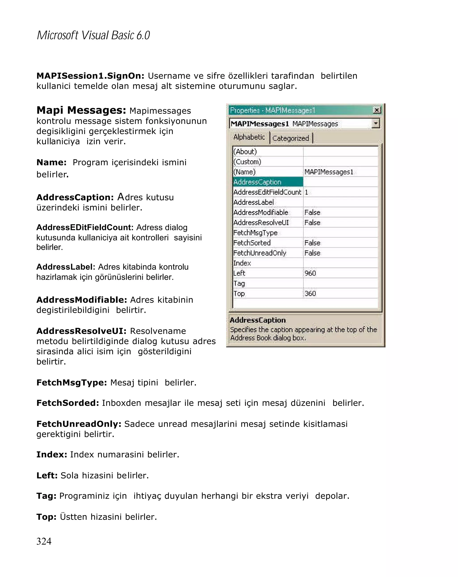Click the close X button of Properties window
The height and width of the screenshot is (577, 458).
point(377,110)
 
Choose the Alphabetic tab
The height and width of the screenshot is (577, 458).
point(249,137)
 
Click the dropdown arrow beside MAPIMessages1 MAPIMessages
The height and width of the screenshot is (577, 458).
point(375,123)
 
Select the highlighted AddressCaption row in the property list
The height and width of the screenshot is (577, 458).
point(267,182)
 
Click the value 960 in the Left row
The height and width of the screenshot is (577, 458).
point(310,273)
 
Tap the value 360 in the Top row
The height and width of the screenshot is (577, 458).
point(310,294)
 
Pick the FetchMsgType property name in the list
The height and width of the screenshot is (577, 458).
point(255,233)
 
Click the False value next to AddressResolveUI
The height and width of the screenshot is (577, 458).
point(312,223)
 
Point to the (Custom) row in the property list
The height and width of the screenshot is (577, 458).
point(247,162)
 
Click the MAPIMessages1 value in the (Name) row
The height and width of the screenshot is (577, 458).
point(329,172)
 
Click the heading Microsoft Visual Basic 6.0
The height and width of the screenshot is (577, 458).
point(93,35)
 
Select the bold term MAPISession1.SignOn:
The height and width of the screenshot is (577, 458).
point(90,76)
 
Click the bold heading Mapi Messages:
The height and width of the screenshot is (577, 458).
point(81,110)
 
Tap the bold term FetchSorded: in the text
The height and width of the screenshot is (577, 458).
point(68,403)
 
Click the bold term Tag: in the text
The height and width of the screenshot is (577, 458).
point(46,496)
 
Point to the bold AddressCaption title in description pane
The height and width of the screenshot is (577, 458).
point(258,320)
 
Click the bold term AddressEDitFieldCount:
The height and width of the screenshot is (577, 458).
point(85,227)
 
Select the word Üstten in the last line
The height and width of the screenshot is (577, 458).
point(73,516)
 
